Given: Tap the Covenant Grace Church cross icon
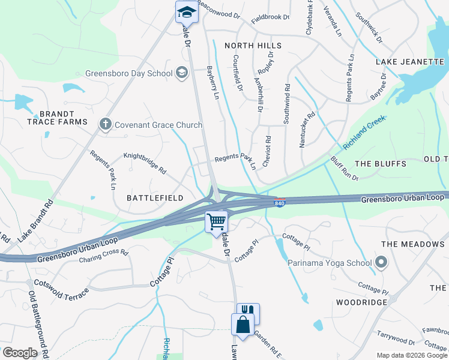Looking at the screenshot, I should tap(106, 124).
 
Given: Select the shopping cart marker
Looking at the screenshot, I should tap(216, 222).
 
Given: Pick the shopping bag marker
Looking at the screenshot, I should tap(243, 325).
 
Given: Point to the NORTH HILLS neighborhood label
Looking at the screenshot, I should tap(253, 46).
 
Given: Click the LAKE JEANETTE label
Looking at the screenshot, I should tap(409, 61).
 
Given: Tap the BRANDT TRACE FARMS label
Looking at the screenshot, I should tap(57, 118).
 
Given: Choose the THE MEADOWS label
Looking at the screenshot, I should tap(413, 244).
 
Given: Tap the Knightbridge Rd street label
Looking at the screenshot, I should tap(145, 162).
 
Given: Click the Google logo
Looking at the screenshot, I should tap(20, 353).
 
